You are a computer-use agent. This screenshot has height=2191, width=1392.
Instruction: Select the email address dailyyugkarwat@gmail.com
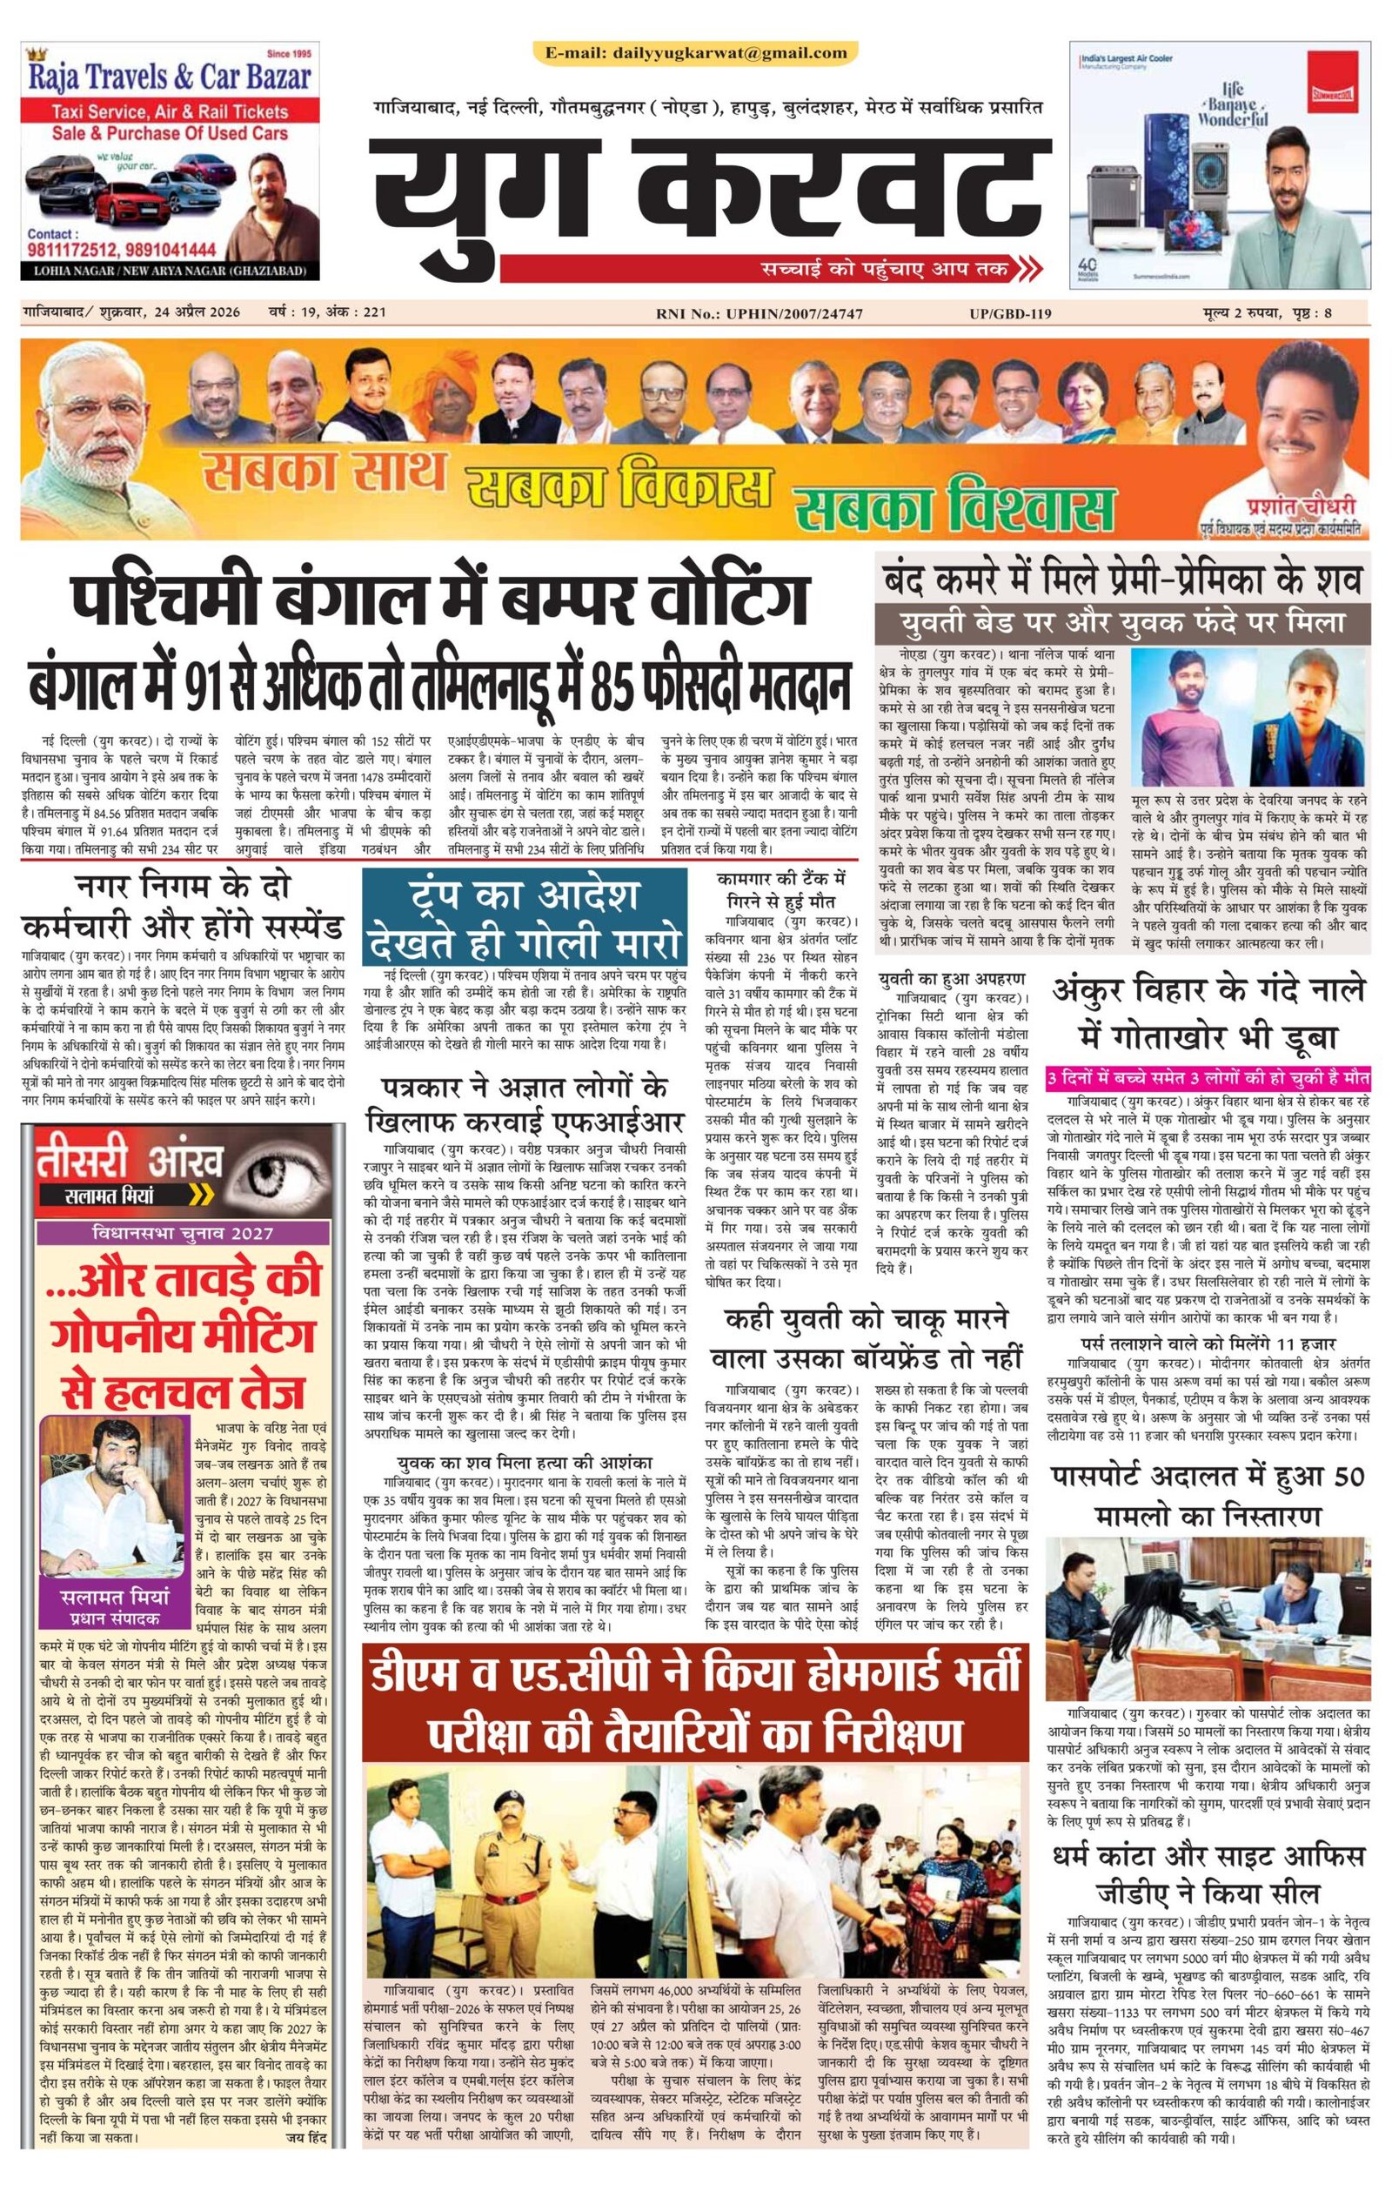tap(696, 53)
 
